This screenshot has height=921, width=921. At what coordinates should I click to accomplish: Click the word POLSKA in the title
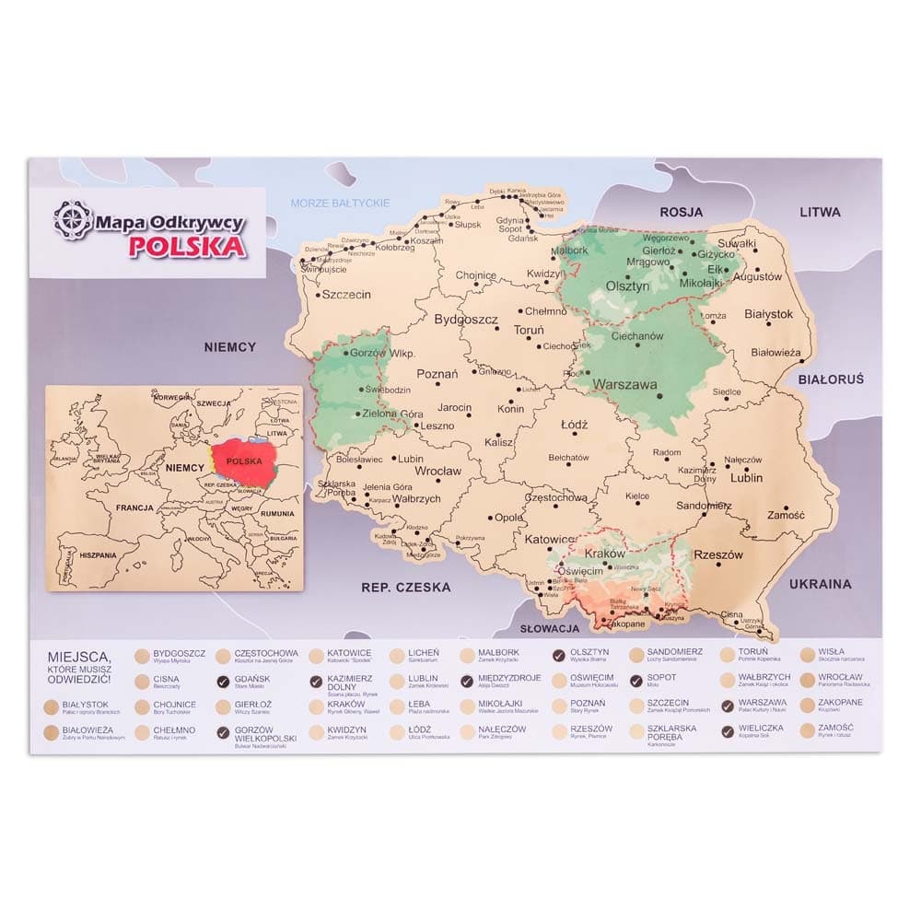(187, 246)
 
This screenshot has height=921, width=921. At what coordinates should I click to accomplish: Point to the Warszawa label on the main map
(624, 384)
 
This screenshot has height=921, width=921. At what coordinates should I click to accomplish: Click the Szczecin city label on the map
(345, 296)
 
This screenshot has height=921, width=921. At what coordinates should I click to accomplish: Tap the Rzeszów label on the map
(718, 555)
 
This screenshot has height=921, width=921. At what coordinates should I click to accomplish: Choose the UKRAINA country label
(820, 584)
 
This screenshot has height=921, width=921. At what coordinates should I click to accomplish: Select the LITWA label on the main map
(820, 212)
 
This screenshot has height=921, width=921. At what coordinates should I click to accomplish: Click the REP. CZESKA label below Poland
(405, 587)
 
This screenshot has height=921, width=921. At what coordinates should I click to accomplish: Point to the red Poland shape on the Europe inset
(243, 461)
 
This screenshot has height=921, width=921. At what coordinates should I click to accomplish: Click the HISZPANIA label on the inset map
(98, 555)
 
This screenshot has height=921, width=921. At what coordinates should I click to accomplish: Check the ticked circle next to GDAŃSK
(223, 682)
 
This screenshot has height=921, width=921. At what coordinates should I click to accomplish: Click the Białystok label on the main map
(768, 314)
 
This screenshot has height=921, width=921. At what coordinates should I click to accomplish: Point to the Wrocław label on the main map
(437, 471)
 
